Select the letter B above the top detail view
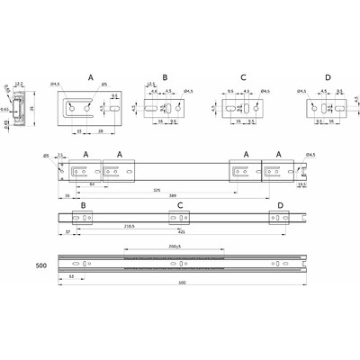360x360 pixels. click(165, 77)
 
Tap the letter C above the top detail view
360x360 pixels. click(244, 77)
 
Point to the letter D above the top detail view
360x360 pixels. click(326, 77)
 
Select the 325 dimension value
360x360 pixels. click(157, 191)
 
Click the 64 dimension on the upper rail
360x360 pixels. click(92, 185)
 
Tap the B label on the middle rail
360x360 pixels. click(85, 206)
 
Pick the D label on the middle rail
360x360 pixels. click(281, 206)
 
